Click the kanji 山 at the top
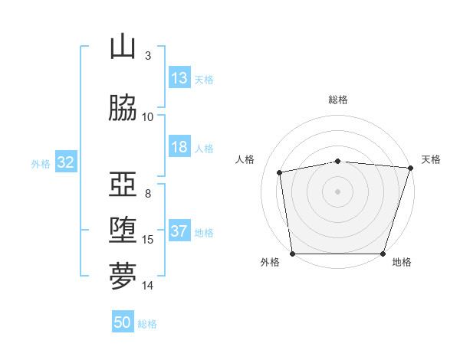(x=123, y=47)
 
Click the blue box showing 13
(x=179, y=78)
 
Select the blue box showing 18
(x=179, y=148)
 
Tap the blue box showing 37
(x=179, y=232)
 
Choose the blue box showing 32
(x=65, y=162)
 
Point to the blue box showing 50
(x=123, y=322)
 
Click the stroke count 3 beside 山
(x=148, y=55)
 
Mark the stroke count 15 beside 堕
(x=148, y=240)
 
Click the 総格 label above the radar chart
(x=338, y=100)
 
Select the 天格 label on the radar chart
(x=431, y=159)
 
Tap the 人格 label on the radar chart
(x=245, y=159)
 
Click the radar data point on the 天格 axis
(x=410, y=168)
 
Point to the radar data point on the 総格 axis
(x=338, y=161)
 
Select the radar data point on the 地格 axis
(x=383, y=254)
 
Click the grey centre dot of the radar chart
(x=338, y=191)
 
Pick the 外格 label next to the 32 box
(x=41, y=163)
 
